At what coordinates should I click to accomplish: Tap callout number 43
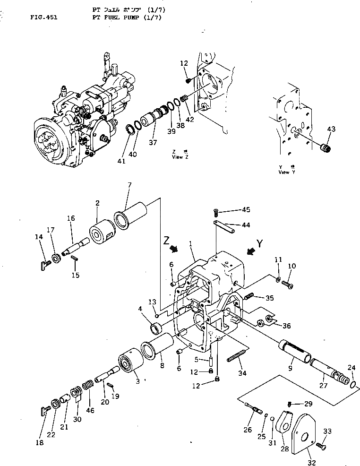pyautogui.click(x=331, y=129)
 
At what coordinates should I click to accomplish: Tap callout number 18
pyautogui.click(x=40, y=442)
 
